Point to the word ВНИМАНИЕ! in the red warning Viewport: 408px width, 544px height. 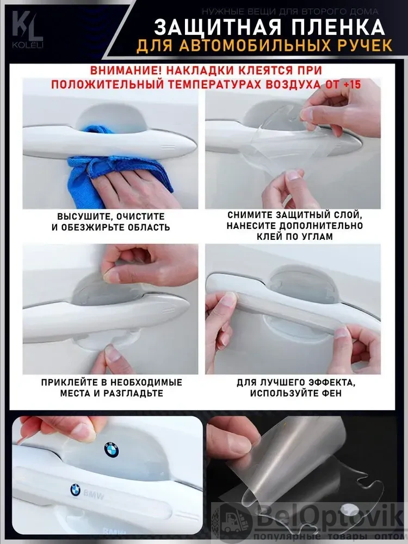(126, 70)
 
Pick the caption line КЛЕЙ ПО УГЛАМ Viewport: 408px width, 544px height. (294, 237)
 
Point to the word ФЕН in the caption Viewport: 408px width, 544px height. (331, 393)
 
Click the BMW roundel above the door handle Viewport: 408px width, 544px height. (112, 450)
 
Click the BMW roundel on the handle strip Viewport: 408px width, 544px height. (75, 490)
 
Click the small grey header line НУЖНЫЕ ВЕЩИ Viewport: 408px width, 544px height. (290, 12)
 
